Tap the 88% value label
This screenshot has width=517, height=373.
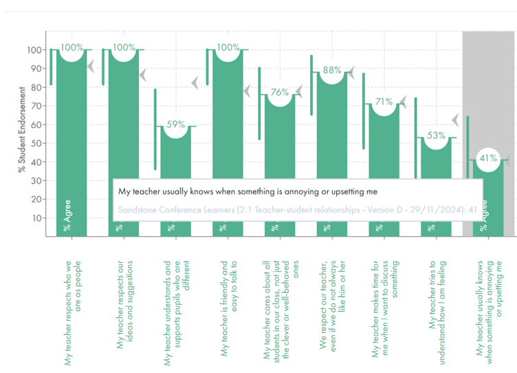pos(332,70)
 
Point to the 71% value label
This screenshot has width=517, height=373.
pos(384,102)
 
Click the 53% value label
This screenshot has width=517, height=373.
pos(436,136)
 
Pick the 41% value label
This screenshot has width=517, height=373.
pos(487,158)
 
